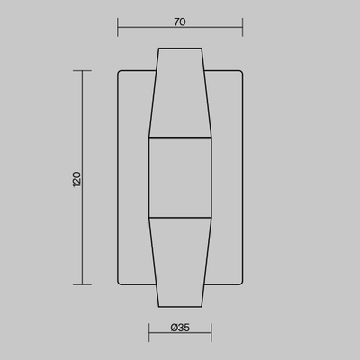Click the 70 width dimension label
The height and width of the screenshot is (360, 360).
point(180,22)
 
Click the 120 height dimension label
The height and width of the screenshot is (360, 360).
point(76,180)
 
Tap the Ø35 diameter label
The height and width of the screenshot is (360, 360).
point(180,328)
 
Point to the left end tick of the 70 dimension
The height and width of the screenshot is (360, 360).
point(118,27)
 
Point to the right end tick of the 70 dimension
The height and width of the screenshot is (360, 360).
point(242,27)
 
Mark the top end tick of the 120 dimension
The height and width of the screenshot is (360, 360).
point(82,71)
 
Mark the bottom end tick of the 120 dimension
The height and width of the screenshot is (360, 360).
point(82,284)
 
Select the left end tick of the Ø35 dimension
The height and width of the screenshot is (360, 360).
point(149,332)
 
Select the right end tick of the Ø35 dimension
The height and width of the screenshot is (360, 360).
point(211,332)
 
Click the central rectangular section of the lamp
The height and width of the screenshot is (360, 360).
point(180,177)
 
